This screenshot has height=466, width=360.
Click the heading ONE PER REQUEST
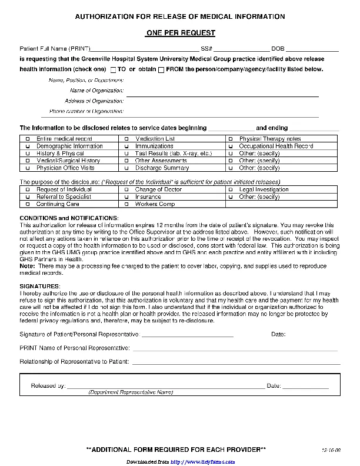(x=180, y=33)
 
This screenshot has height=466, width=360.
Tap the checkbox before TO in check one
(x=113, y=69)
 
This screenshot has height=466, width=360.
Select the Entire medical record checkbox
(x=27, y=139)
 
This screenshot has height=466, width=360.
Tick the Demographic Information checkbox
(x=27, y=146)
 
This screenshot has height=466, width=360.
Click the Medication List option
(x=126, y=139)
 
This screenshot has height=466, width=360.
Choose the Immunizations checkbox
(x=126, y=146)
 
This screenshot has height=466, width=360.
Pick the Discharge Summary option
(x=126, y=168)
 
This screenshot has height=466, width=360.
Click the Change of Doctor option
(x=126, y=189)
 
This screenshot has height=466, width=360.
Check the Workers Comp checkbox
(x=126, y=204)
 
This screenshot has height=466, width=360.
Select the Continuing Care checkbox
(x=27, y=204)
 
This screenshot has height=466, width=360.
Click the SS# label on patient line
(x=206, y=48)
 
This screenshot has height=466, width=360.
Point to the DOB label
(x=278, y=48)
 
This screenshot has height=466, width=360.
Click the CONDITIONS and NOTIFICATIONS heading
(x=69, y=218)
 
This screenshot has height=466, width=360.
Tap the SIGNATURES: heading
(x=41, y=286)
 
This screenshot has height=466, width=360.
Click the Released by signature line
(x=165, y=386)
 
